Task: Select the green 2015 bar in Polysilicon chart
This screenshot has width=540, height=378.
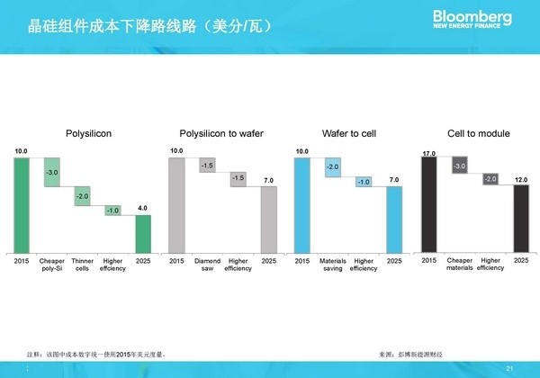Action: tap(22, 204)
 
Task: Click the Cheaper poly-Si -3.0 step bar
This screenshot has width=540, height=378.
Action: tap(52, 172)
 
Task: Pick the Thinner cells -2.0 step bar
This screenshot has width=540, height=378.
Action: tap(82, 196)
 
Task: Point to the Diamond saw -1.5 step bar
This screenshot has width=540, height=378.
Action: tap(207, 166)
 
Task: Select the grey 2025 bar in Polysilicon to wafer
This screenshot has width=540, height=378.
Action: tap(269, 219)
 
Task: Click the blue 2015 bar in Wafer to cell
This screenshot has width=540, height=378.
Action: tap(301, 204)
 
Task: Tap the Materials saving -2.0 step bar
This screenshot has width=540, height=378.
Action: tap(332, 167)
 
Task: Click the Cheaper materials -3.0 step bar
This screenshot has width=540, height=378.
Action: tap(459, 166)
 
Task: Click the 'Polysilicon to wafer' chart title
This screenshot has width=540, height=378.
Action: tap(221, 133)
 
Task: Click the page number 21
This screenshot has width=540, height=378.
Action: tap(511, 369)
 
